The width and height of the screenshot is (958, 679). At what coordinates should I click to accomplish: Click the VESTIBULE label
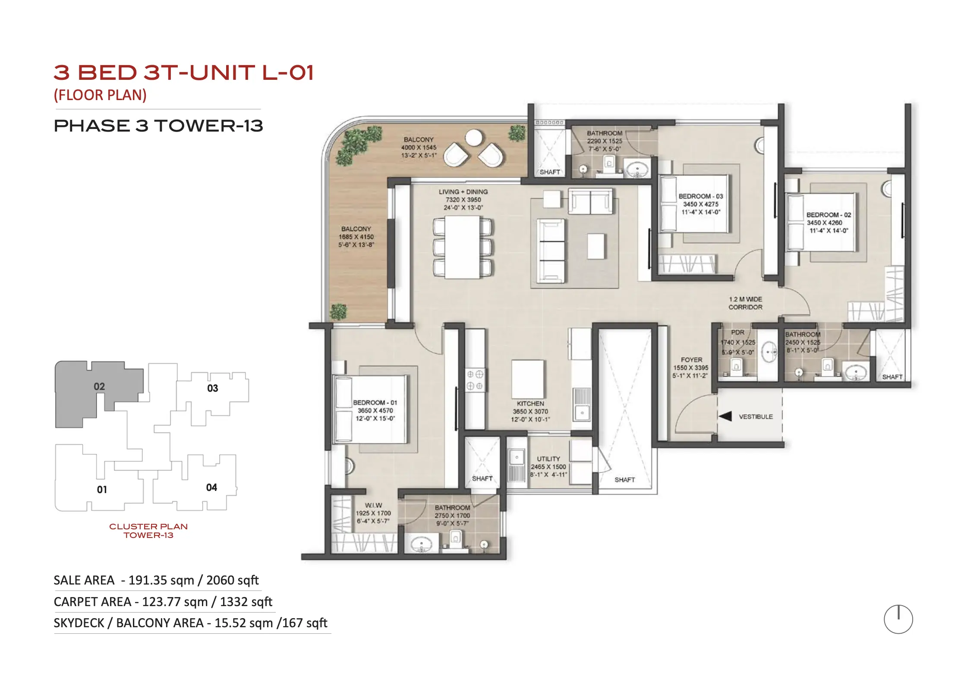(x=756, y=417)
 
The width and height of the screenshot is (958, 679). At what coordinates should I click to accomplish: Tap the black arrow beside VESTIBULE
(x=725, y=416)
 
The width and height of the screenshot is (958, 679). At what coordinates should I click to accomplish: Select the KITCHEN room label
(x=530, y=403)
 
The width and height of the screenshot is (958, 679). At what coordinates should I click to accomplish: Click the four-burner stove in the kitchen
(x=475, y=380)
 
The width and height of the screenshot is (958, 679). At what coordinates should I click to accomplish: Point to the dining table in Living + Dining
(x=462, y=247)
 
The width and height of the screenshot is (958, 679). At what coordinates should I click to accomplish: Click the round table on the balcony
(x=474, y=138)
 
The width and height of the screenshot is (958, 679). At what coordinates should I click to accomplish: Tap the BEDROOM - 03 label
(x=701, y=196)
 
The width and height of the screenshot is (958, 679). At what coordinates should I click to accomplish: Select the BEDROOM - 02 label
(x=829, y=215)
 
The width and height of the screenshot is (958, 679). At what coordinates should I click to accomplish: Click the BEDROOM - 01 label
(x=375, y=402)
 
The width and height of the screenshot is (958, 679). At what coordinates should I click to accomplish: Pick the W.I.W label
(x=373, y=505)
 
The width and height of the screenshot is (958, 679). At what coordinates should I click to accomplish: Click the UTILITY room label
(x=548, y=459)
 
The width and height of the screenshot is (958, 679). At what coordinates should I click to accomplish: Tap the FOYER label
(x=691, y=360)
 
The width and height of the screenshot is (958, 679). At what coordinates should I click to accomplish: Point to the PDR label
(x=737, y=332)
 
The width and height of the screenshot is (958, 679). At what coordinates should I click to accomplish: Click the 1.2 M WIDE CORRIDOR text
(x=745, y=303)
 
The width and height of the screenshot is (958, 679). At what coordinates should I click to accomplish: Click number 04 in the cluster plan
(x=211, y=487)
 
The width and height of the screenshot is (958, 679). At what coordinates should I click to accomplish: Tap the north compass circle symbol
(x=898, y=619)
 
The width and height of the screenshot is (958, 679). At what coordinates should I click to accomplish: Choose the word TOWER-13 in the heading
(x=209, y=126)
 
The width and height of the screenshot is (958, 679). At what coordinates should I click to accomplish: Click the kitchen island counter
(x=528, y=380)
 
